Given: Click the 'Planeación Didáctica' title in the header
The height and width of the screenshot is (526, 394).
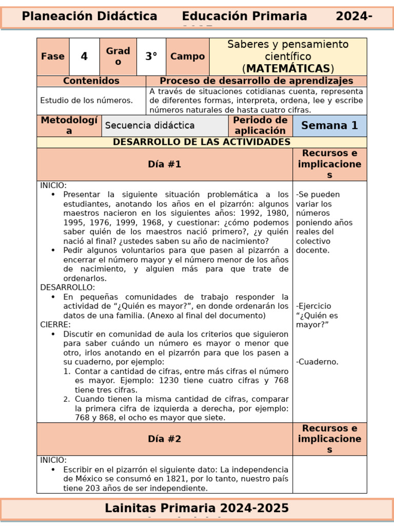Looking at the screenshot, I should click(x=89, y=16).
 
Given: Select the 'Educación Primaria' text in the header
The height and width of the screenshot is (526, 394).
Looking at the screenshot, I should click(x=244, y=16).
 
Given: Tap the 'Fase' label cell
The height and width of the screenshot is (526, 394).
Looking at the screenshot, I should click(x=53, y=57).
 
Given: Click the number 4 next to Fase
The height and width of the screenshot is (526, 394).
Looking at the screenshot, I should click(x=84, y=57).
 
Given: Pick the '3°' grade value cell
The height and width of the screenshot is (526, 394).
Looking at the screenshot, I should click(x=151, y=57).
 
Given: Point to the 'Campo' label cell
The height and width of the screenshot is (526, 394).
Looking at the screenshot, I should click(x=187, y=57).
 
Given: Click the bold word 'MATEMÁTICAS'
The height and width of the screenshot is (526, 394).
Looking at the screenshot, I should click(x=288, y=68).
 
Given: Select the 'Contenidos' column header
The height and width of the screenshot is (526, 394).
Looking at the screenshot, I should click(x=91, y=81).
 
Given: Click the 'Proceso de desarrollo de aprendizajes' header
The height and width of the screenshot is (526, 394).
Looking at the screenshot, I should click(x=256, y=81).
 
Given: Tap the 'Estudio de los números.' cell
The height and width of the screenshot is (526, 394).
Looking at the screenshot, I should click(x=86, y=101).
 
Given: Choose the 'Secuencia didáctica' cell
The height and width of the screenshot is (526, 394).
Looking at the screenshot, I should click(x=149, y=125).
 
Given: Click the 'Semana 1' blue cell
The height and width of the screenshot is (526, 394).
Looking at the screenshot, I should click(x=329, y=125).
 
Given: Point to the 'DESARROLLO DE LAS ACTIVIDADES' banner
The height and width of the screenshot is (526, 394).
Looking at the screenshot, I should click(x=202, y=142).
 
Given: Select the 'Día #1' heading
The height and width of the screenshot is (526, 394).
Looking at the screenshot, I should click(x=164, y=164).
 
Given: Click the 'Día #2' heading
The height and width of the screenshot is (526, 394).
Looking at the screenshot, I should click(x=164, y=439).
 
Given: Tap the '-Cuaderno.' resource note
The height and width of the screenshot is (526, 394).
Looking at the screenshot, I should click(x=317, y=362).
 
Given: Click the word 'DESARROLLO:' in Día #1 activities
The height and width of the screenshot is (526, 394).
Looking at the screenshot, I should click(x=67, y=287).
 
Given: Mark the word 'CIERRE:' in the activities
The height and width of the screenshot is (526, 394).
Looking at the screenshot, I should click(x=55, y=325).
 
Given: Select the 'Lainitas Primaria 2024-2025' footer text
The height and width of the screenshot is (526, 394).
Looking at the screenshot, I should click(x=196, y=508).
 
